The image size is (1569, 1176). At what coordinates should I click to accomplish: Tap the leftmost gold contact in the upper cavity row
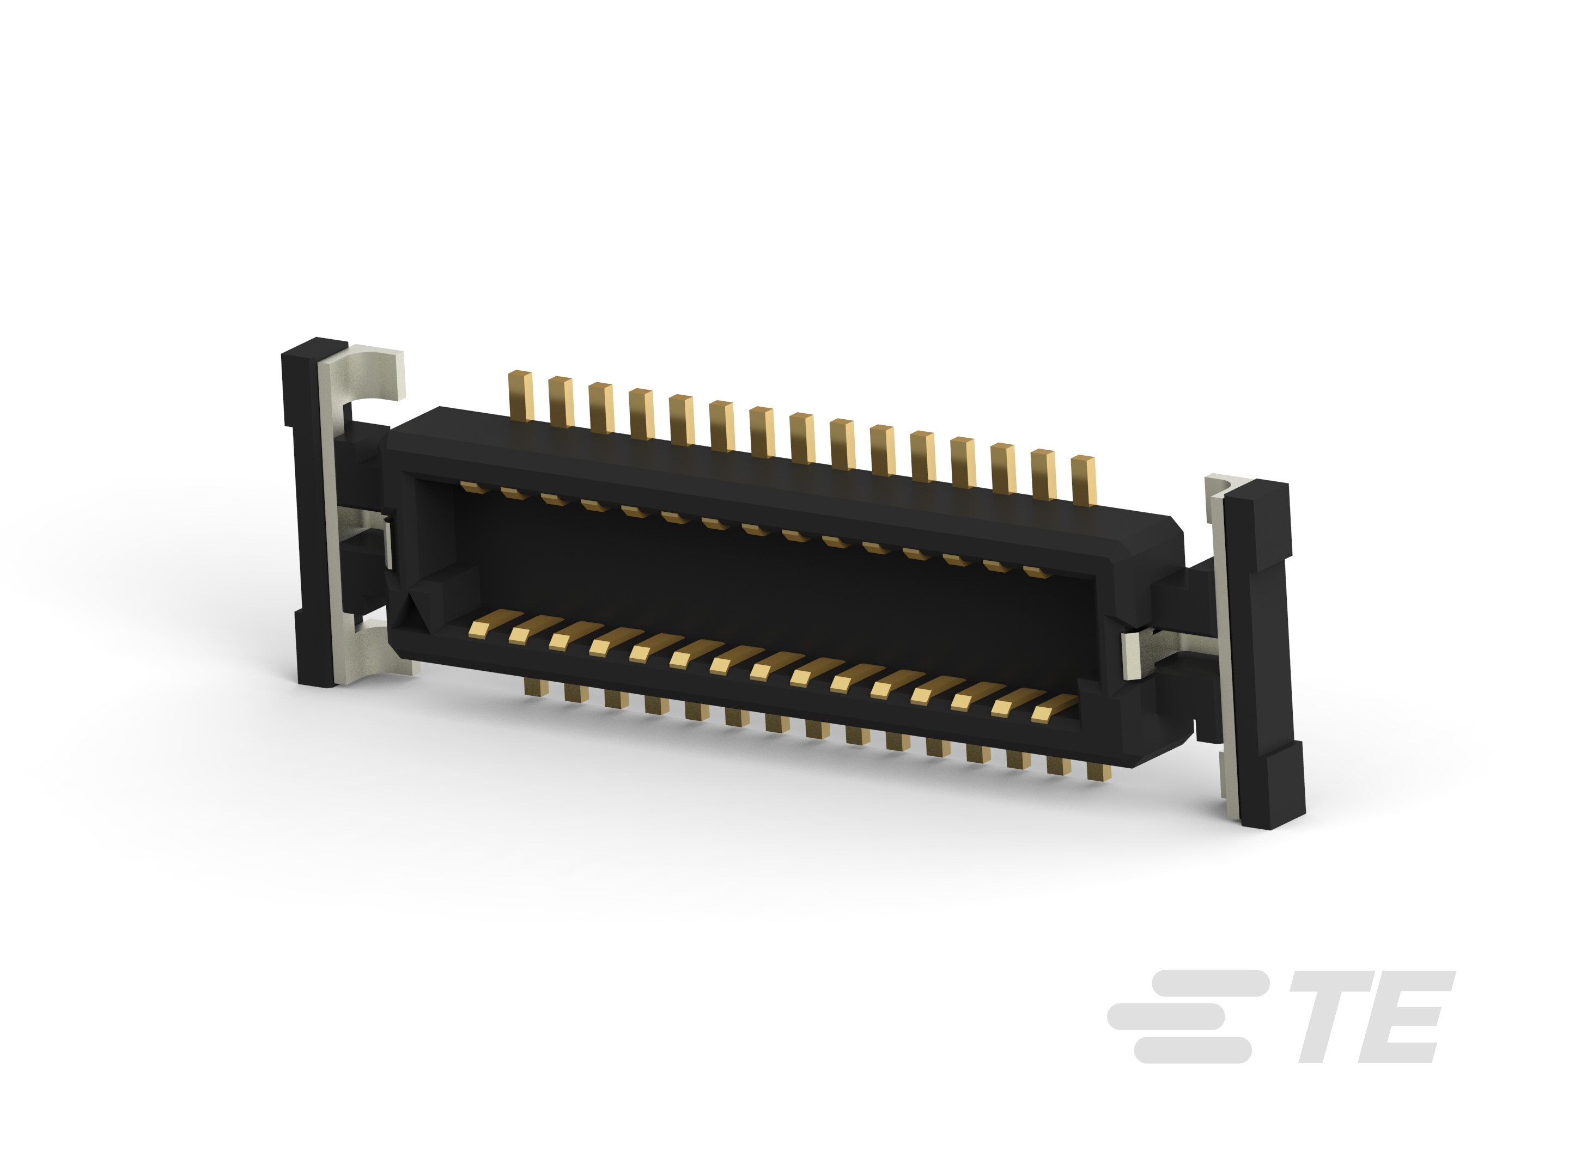pos(469,486)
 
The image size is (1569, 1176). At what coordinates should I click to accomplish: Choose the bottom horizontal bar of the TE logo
pos(1191,1051)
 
